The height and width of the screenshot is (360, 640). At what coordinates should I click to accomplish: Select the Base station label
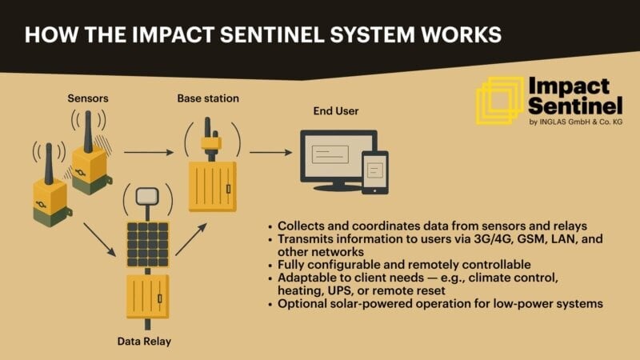(x=207, y=98)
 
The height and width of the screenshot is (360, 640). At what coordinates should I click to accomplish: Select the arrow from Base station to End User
(x=271, y=151)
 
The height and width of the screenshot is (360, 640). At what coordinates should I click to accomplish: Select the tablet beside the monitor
(x=374, y=173)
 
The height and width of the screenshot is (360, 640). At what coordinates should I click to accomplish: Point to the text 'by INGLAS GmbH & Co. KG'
(x=571, y=122)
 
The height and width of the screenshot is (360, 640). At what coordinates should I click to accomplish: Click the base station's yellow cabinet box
(x=212, y=186)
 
